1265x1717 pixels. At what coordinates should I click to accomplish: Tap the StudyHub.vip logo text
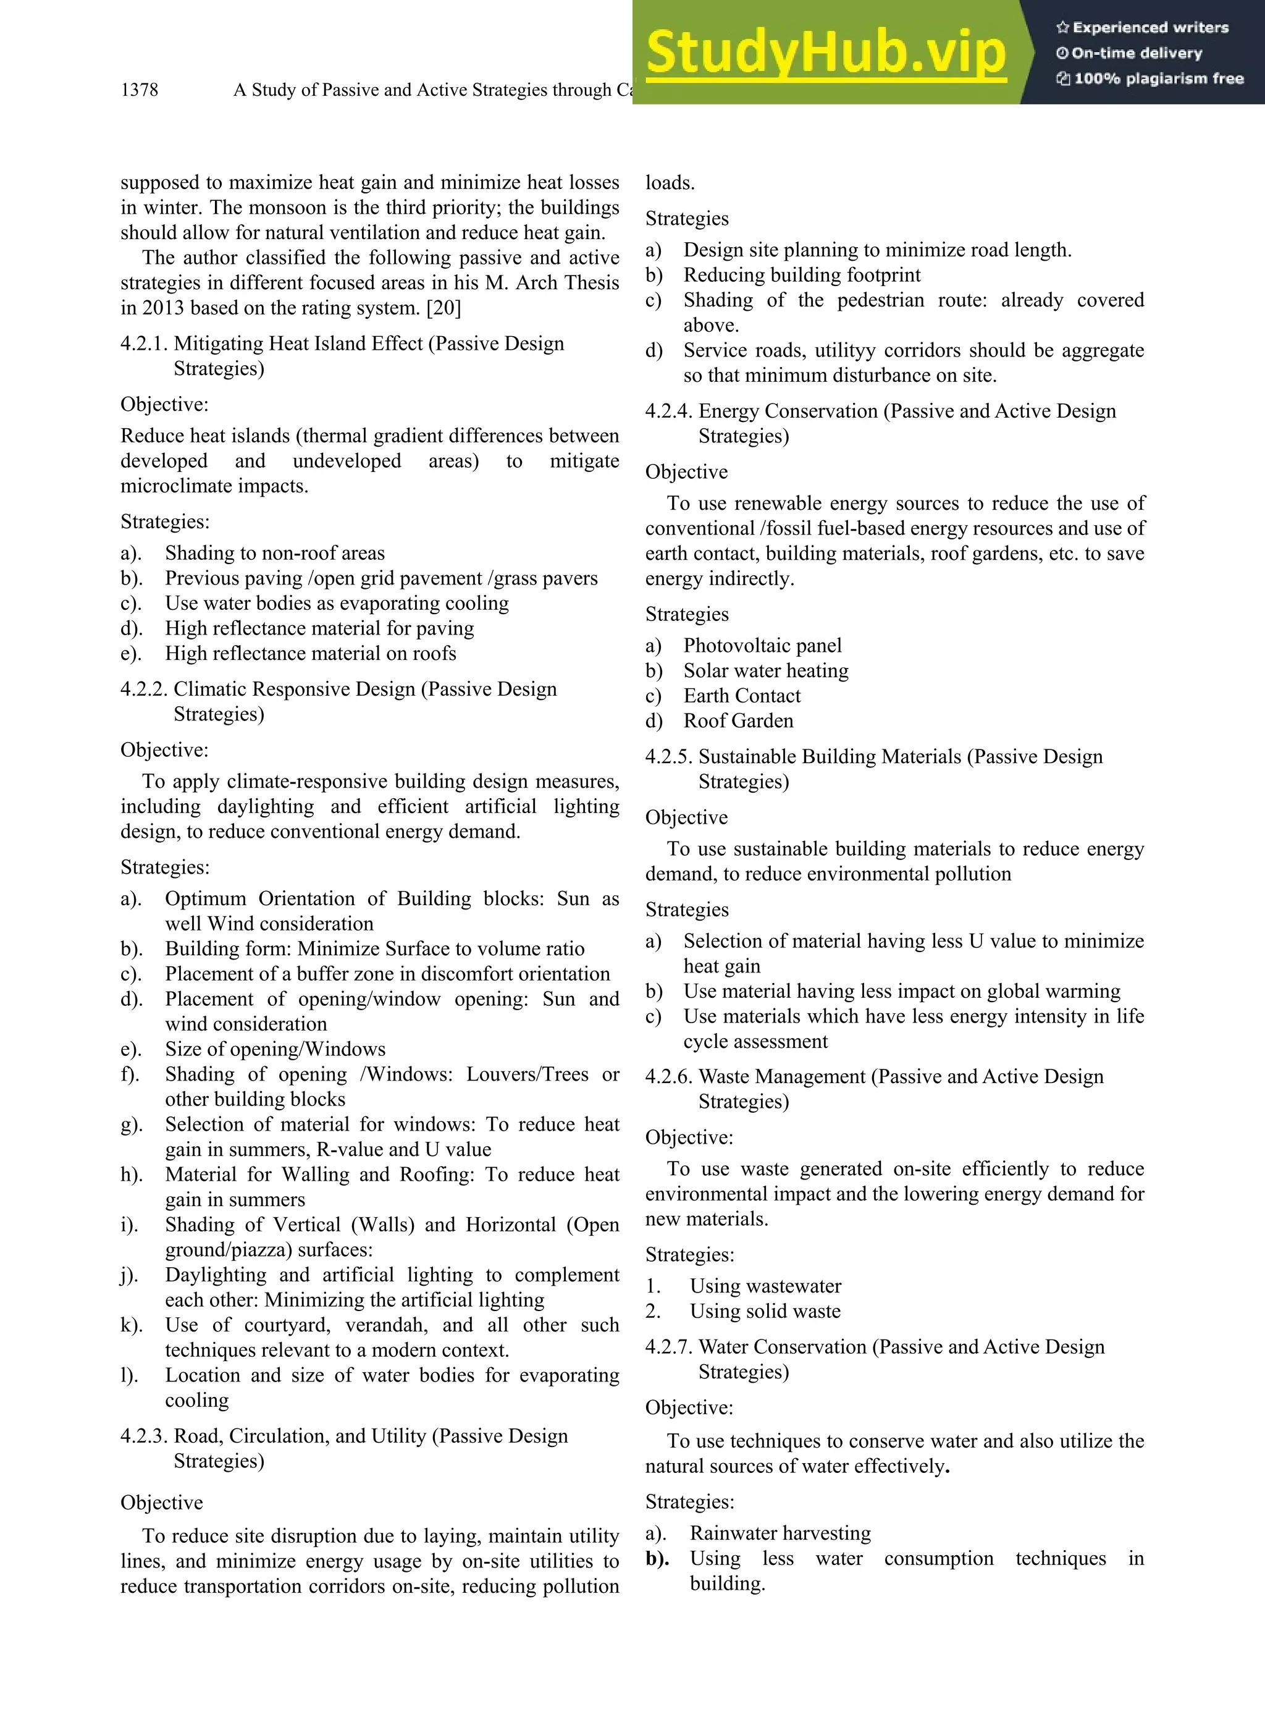click(825, 52)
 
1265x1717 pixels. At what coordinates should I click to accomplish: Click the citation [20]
click(443, 308)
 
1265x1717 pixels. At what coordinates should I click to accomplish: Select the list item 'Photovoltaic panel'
click(762, 646)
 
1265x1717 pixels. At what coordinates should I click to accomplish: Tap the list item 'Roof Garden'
click(738, 720)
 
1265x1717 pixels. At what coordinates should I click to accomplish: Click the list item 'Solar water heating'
click(766, 671)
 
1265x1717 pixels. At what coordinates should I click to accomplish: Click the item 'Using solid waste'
click(764, 1311)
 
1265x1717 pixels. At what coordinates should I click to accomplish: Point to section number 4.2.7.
click(668, 1347)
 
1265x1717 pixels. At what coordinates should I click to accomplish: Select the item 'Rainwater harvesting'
click(780, 1533)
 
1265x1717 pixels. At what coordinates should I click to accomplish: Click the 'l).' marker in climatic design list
click(130, 1375)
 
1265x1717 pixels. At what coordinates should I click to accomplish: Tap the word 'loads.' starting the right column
click(670, 183)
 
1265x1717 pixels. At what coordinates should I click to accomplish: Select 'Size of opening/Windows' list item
click(275, 1049)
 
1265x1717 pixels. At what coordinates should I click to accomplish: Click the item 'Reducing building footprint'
click(802, 275)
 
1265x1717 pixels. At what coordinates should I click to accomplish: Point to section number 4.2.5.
click(668, 757)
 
